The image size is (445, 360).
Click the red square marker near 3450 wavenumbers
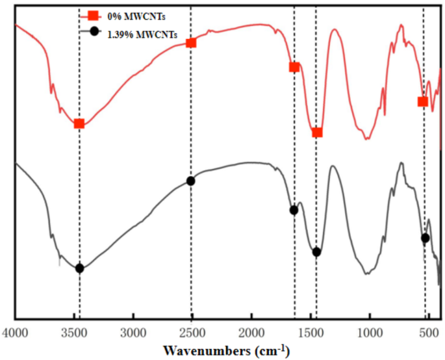pyautogui.click(x=79, y=123)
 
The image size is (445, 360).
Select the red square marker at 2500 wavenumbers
pyautogui.click(x=191, y=43)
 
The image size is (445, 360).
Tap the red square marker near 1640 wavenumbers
pyautogui.click(x=294, y=67)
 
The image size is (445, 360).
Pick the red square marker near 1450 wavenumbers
pyautogui.click(x=317, y=133)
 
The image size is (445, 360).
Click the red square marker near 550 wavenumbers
pyautogui.click(x=423, y=101)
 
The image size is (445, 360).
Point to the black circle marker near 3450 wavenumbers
pyautogui.click(x=79, y=268)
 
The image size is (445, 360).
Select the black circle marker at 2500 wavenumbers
pyautogui.click(x=190, y=181)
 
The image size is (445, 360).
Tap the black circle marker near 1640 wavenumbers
pyautogui.click(x=294, y=210)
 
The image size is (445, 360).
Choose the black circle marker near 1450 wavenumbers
pyautogui.click(x=316, y=252)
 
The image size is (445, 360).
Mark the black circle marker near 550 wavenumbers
pyautogui.click(x=426, y=238)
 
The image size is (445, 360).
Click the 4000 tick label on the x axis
pyautogui.click(x=15, y=333)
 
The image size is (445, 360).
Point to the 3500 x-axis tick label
pyautogui.click(x=74, y=333)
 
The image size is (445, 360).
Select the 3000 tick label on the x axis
pyautogui.click(x=133, y=333)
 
